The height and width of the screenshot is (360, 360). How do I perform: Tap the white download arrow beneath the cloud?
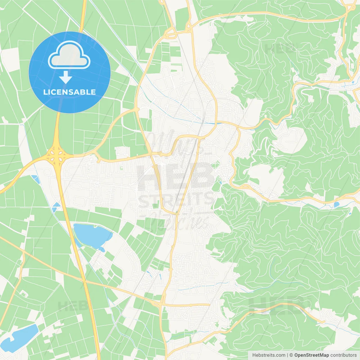click(66, 77)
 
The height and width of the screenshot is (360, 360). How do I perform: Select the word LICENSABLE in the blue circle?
click(69, 92)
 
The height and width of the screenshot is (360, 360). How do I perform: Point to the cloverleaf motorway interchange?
click(57, 154)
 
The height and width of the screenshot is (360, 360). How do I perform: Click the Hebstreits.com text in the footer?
click(269, 355)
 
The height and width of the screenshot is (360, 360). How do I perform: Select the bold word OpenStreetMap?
click(312, 355)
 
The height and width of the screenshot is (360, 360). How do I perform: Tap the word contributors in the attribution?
click(343, 355)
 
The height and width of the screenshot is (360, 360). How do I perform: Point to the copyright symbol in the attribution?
click(291, 355)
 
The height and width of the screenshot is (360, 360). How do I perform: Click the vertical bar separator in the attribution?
click(287, 355)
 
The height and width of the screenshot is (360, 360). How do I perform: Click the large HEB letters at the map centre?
click(176, 176)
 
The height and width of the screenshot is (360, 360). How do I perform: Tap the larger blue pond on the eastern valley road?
click(336, 204)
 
